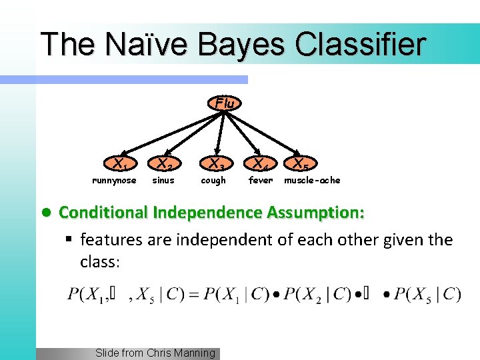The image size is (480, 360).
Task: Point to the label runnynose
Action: pos(114,181)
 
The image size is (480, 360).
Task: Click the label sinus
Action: pos(163,181)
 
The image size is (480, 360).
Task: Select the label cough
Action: pos(213,181)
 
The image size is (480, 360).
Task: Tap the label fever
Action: pos(261,181)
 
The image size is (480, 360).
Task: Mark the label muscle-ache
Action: pos(312,181)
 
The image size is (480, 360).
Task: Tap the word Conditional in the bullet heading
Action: pos(103,213)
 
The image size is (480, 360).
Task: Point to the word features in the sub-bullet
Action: pos(109,239)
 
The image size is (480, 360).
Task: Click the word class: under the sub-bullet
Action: pos(100,262)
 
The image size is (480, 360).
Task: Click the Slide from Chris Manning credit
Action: pos(155,353)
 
